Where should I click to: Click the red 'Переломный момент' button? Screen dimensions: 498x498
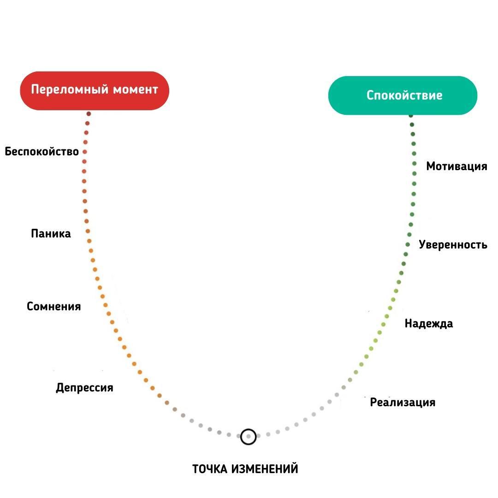(x=94, y=90)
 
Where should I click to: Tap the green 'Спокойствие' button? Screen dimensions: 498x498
(x=403, y=95)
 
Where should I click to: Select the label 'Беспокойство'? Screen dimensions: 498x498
(x=42, y=151)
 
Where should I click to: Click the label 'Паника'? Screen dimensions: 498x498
(x=51, y=233)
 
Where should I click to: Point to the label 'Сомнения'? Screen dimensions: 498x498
(x=53, y=306)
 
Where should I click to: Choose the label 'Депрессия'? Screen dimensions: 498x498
(x=84, y=387)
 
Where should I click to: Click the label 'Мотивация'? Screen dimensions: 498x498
(x=456, y=166)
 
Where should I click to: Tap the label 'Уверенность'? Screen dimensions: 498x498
(x=453, y=244)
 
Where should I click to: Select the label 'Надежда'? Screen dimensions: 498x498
(x=428, y=323)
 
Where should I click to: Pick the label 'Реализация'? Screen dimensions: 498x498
(x=403, y=402)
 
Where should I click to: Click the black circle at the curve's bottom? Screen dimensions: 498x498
(x=248, y=436)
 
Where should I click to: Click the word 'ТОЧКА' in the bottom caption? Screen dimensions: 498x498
(x=210, y=469)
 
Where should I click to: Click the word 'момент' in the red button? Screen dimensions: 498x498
(x=137, y=89)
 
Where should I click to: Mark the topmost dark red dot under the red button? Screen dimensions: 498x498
(x=89, y=113)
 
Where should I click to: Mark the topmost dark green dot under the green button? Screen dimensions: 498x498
(x=411, y=115)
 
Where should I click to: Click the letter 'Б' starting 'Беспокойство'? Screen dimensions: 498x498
(x=8, y=151)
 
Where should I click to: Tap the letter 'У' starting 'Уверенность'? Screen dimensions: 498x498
(x=422, y=244)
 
